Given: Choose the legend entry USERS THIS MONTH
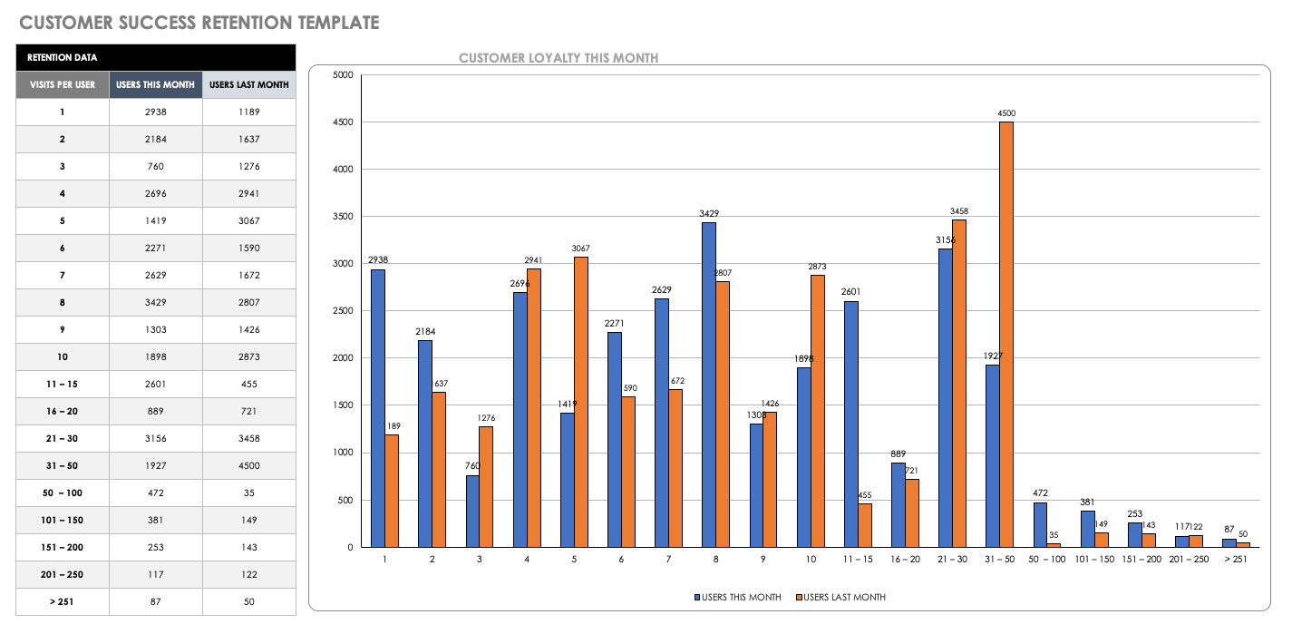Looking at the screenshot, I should [x=739, y=597].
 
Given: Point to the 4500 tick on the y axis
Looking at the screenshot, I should [x=343, y=122].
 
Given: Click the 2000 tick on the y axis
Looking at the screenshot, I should [x=343, y=358].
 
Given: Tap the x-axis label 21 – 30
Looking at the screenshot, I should [x=952, y=560].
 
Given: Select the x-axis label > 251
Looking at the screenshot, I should [x=1236, y=560].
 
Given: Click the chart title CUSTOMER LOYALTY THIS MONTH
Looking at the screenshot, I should [x=559, y=58].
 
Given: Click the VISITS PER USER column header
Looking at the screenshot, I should [x=63, y=85].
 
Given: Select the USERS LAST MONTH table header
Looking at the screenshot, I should [x=249, y=85].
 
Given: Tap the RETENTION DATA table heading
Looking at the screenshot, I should [x=63, y=58].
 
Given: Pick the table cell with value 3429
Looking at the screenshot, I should [x=156, y=303].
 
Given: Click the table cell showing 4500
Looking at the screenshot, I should [x=249, y=466].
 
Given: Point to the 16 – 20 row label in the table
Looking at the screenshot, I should [x=63, y=412].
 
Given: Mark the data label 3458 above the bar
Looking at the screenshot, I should [x=959, y=211].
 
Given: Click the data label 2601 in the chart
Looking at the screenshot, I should [x=850, y=292].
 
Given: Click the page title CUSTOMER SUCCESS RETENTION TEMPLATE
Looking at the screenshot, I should [x=199, y=23].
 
